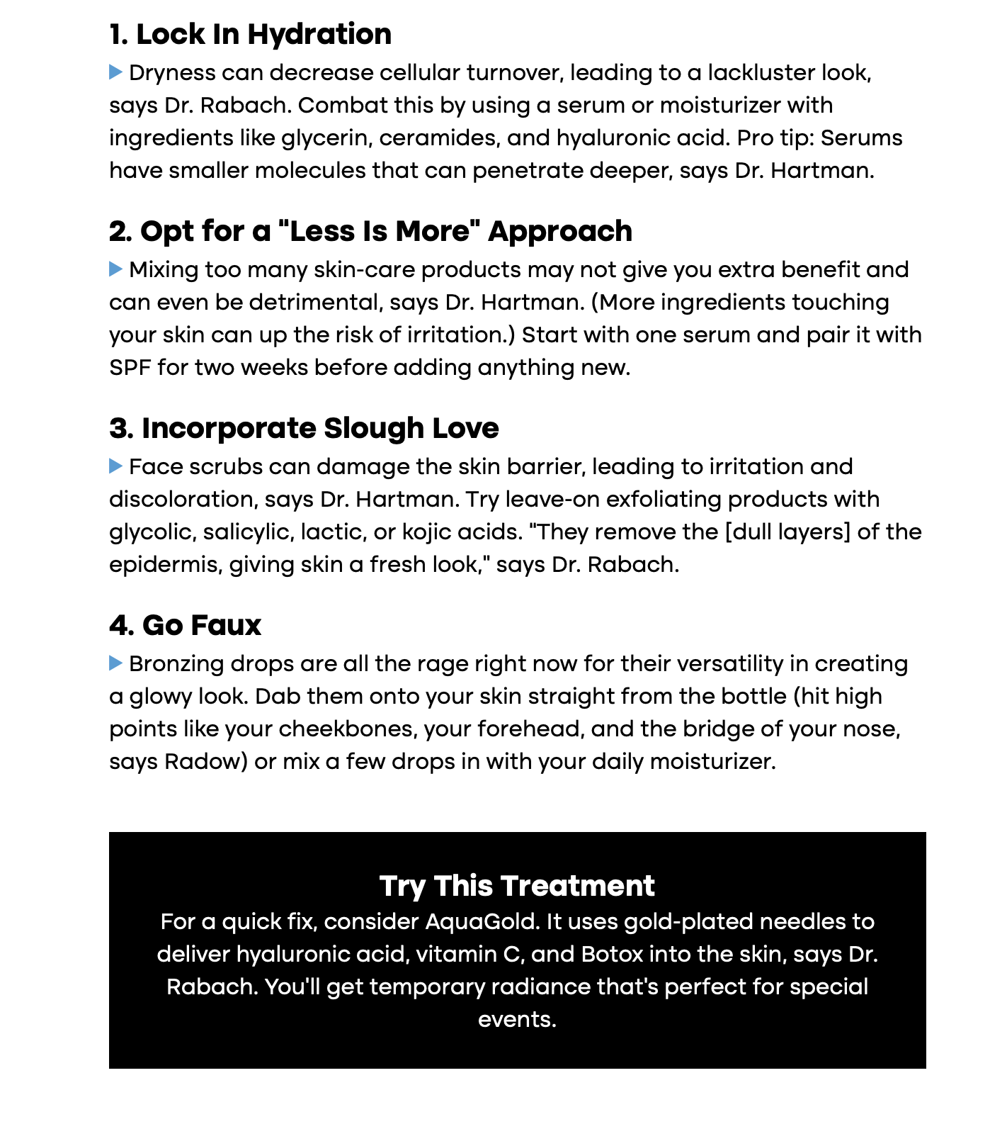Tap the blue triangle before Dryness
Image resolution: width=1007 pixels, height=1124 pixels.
click(116, 72)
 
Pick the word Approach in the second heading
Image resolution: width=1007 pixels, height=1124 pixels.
click(560, 232)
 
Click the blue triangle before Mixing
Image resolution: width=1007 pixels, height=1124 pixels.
click(116, 269)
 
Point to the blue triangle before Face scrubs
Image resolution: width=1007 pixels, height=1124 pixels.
click(116, 466)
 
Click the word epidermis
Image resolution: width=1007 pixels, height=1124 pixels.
click(165, 565)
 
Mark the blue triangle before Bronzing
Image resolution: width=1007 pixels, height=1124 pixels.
click(116, 663)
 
